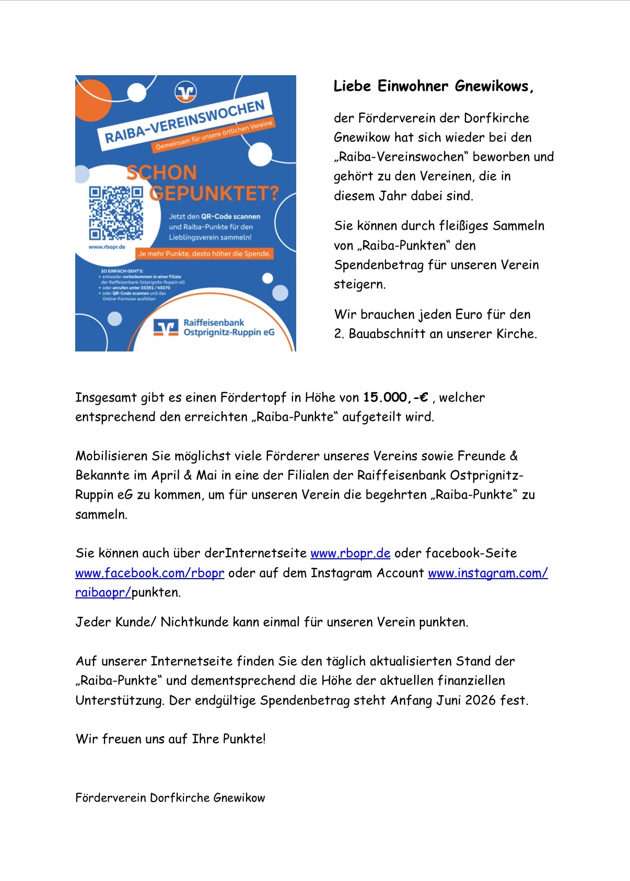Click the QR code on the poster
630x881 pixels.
[x=115, y=213]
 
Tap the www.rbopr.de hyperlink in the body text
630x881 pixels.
[x=350, y=553]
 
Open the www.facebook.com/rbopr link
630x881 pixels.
[x=149, y=573]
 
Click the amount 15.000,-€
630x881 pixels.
[x=395, y=397]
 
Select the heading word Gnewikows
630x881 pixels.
[x=494, y=86]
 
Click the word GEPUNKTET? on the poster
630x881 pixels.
[x=214, y=194]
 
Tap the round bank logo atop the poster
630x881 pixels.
[x=185, y=92]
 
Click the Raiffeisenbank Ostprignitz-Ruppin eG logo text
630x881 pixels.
[x=228, y=327]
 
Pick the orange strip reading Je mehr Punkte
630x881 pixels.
[x=204, y=254]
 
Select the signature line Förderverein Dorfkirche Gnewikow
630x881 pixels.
[x=170, y=797]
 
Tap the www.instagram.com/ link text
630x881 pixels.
[x=487, y=573]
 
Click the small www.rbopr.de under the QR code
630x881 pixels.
[x=107, y=247]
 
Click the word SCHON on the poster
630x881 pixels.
[x=162, y=173]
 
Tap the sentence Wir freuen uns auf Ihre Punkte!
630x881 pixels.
[x=170, y=739]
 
